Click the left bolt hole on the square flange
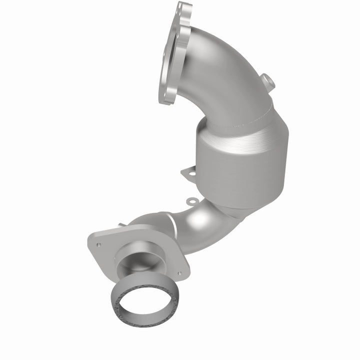(x=99, y=245)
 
